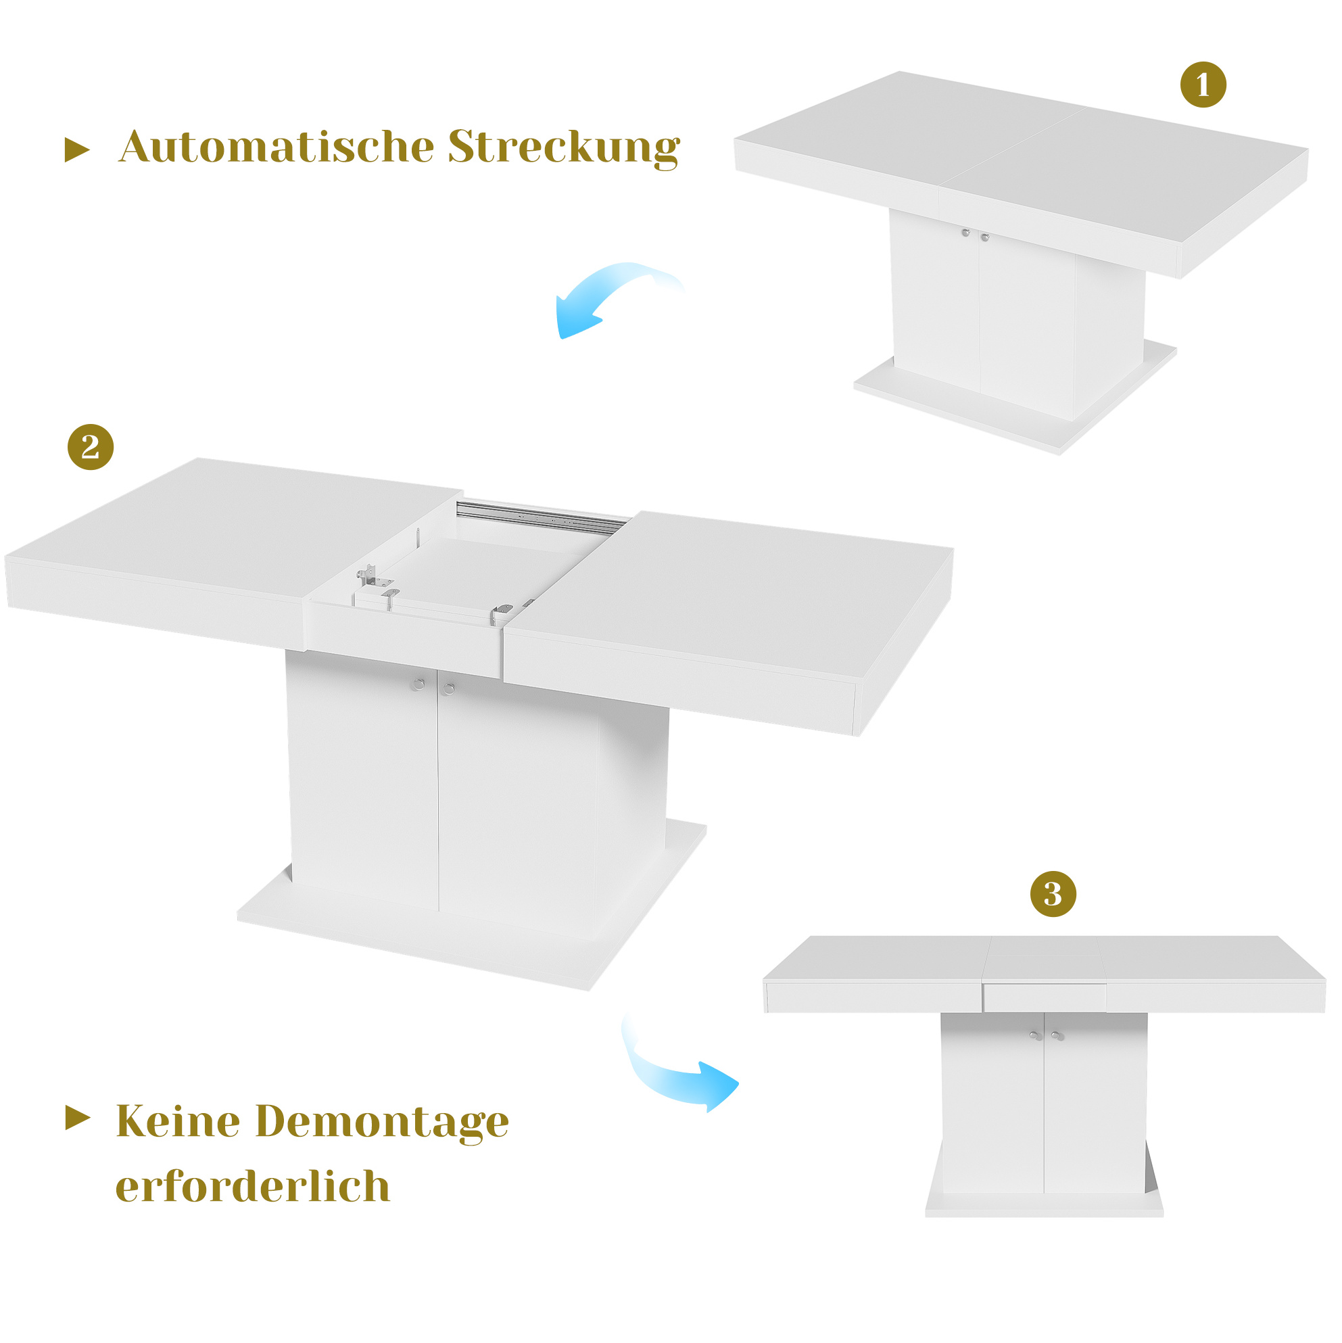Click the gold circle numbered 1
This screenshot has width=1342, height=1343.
(1203, 85)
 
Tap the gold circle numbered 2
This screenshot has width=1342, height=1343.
(91, 447)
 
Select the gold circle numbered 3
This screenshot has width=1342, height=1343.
(1053, 894)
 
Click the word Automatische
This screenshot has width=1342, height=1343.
(277, 147)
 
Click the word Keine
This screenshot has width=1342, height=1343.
(178, 1121)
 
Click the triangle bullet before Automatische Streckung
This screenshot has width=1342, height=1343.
(76, 149)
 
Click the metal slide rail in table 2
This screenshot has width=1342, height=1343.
(542, 517)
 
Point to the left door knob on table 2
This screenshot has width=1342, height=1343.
(418, 685)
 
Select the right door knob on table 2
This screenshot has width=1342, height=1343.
(448, 689)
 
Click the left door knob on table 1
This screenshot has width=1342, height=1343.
(966, 233)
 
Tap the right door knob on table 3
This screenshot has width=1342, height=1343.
(1058, 1036)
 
